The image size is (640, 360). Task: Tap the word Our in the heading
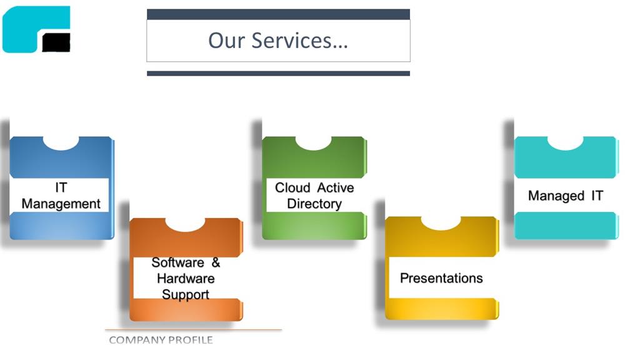[226, 41]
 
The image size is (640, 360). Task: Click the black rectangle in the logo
[56, 42]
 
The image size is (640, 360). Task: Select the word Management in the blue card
[61, 203]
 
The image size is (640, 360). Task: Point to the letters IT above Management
[61, 187]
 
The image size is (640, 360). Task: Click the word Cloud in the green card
[292, 187]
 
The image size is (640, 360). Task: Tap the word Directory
[314, 204]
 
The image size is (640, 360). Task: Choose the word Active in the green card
[336, 187]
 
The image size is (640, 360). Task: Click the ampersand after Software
[216, 262]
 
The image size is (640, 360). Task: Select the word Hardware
[186, 278]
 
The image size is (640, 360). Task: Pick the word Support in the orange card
[186, 294]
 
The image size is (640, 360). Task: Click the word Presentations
[441, 278]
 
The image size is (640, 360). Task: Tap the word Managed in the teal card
[556, 196]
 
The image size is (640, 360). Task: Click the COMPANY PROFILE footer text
[161, 339]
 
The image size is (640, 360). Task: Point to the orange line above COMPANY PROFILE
[194, 329]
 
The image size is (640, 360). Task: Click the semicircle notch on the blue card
[61, 143]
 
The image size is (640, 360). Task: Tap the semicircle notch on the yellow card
[441, 223]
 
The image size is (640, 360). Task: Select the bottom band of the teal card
[565, 225]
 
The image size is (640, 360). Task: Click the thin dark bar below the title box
[278, 74]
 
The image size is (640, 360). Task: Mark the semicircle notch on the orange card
[185, 224]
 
